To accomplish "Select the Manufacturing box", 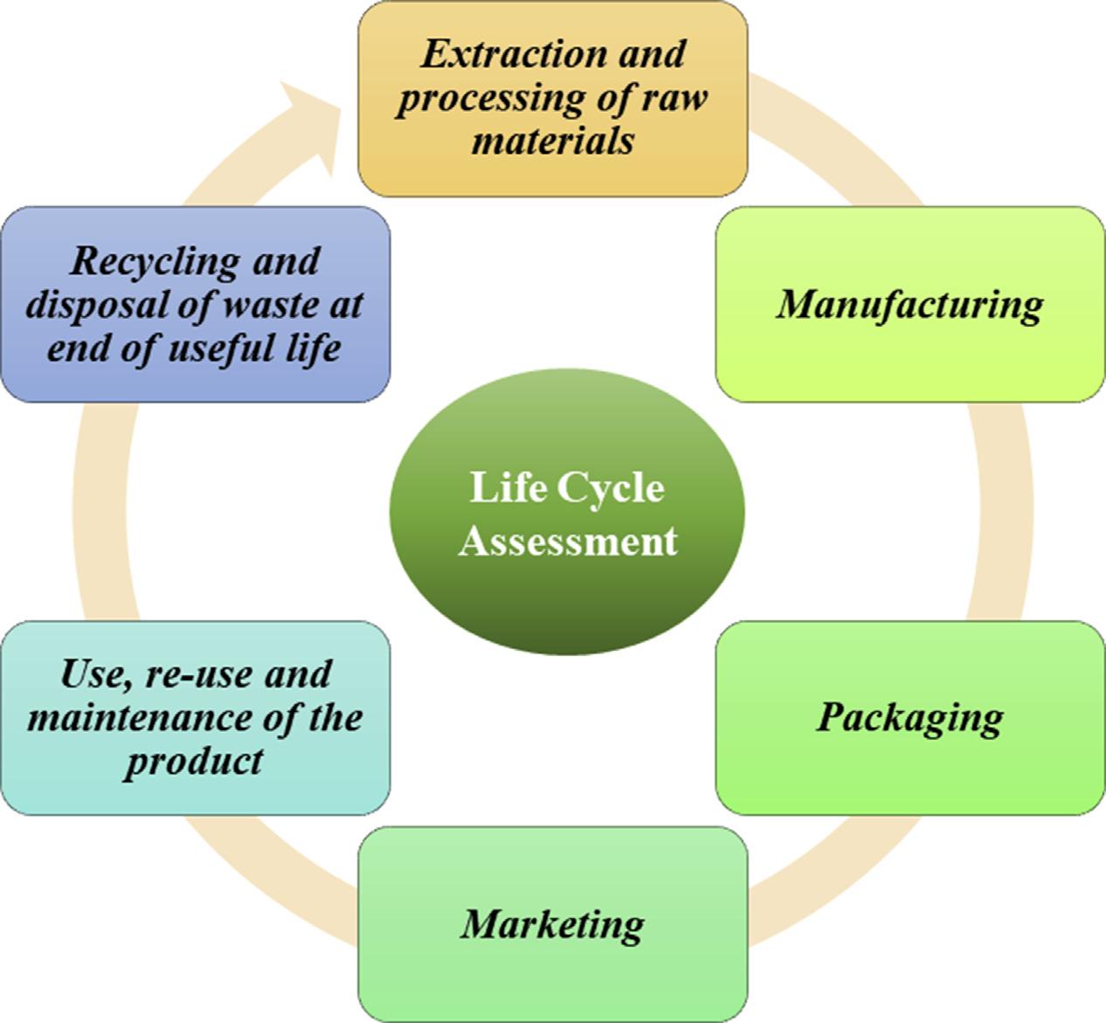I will pos(909,305).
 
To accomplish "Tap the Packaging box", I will pos(909,718).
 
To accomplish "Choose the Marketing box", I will pos(553,924).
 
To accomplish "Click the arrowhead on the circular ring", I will pos(310,122).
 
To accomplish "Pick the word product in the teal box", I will pos(193,761).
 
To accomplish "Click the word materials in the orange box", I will pos(552,140).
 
